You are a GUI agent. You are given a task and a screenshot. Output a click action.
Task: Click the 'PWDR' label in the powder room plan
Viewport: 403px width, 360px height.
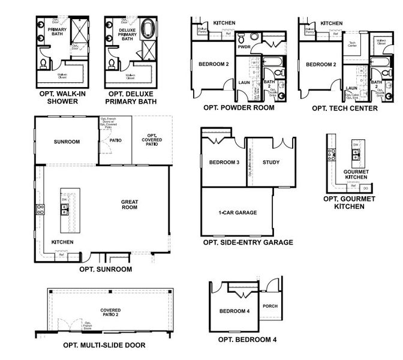pos(244,46)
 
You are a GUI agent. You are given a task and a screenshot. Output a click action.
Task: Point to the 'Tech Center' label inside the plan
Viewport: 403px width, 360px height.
pos(353,44)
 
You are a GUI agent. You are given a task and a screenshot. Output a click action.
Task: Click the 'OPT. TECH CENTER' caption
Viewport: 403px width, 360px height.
pos(344,109)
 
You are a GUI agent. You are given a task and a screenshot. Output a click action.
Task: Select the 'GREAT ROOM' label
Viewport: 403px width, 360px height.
pos(130,205)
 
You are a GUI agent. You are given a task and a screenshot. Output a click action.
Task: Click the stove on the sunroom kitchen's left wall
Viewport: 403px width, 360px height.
pos(41,209)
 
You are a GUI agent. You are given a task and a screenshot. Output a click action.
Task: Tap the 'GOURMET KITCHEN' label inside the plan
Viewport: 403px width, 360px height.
pos(356,175)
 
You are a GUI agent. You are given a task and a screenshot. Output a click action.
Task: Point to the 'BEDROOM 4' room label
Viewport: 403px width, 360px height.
pos(233,311)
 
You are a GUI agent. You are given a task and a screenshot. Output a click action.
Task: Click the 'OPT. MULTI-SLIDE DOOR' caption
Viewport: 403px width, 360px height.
pos(104,345)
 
